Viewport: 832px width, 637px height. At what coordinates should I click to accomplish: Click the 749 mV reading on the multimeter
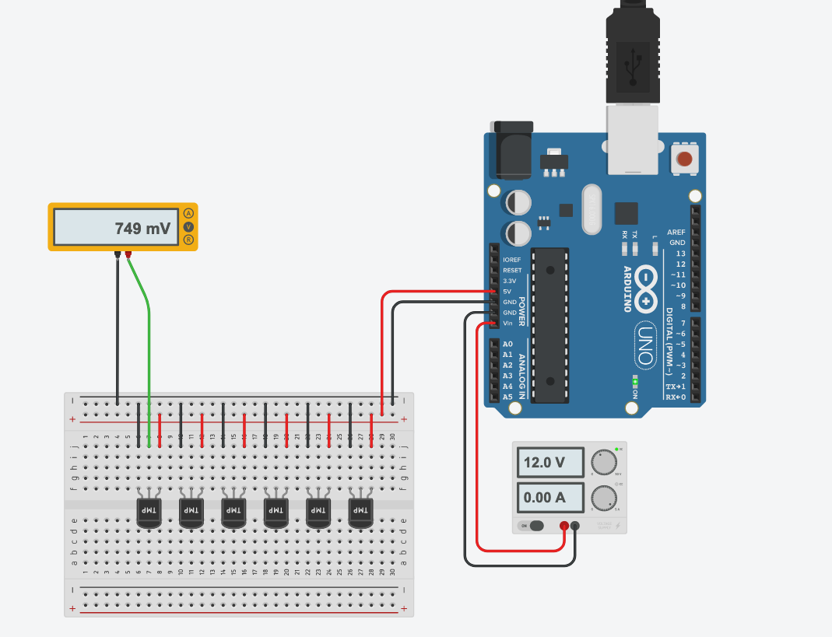142,229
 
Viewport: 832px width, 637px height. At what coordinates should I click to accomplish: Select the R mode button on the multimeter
188,240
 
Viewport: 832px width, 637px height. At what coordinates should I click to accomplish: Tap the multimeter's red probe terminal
128,254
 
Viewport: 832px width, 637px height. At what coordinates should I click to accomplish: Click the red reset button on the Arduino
684,160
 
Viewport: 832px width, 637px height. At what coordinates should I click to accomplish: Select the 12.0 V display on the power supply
549,462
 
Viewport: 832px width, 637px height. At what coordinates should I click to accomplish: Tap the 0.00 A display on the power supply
549,497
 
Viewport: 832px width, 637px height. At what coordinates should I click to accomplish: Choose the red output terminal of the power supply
563,526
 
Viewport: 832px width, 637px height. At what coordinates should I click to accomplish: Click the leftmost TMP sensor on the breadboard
149,511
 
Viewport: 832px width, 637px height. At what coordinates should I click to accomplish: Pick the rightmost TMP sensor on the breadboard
360,511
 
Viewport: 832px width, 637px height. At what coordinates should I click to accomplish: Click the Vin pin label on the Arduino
509,323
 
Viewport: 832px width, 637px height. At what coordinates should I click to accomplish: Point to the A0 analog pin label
508,344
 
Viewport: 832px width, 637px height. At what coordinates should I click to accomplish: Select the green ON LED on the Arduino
634,382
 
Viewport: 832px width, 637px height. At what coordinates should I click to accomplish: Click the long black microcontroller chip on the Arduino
550,325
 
